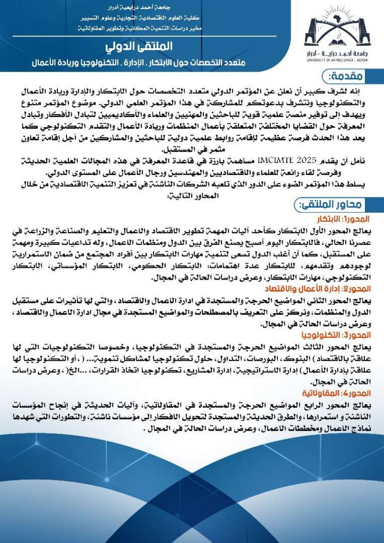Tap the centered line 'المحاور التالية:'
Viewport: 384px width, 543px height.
click(x=197, y=195)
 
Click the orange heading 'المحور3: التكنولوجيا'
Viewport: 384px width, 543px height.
click(x=340, y=336)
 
